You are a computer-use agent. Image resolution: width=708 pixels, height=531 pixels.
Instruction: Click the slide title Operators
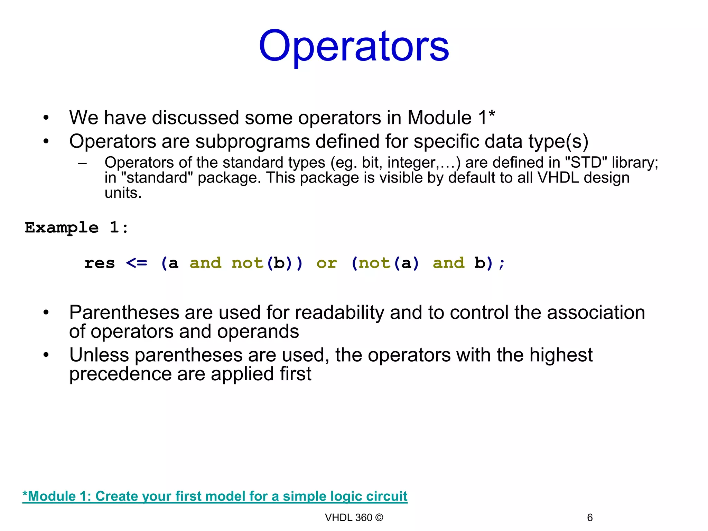pyautogui.click(x=354, y=46)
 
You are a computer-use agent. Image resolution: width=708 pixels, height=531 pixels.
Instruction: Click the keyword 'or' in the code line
pyautogui.click(x=326, y=263)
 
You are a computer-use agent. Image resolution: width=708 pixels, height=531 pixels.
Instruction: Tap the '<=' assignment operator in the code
pyautogui.click(x=137, y=263)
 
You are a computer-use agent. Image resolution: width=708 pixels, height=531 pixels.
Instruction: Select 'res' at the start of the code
pyautogui.click(x=100, y=263)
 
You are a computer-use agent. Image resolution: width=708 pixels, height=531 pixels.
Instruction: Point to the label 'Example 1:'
pyautogui.click(x=76, y=228)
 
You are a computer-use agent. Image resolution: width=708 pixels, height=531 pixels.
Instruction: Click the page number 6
pyautogui.click(x=590, y=518)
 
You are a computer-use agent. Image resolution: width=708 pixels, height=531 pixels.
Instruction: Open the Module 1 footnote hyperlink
pyautogui.click(x=215, y=496)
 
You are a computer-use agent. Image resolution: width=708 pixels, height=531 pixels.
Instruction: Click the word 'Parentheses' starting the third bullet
pyautogui.click(x=124, y=313)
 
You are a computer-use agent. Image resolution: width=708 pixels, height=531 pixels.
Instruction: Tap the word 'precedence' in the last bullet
pyautogui.click(x=120, y=374)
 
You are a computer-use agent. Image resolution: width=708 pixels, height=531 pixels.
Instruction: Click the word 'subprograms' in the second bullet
pyautogui.click(x=252, y=141)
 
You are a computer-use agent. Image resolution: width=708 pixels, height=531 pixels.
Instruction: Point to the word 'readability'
pyautogui.click(x=339, y=313)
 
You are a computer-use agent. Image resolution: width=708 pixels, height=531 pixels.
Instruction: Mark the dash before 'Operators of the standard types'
pyautogui.click(x=82, y=163)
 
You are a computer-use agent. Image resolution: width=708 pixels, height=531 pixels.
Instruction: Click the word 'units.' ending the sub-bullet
pyautogui.click(x=123, y=193)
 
